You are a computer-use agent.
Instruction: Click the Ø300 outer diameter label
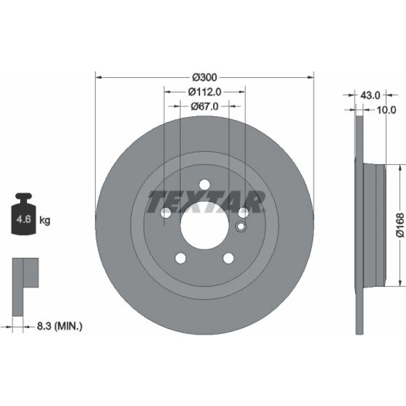[205, 77]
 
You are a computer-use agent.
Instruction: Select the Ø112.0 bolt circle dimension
[205, 92]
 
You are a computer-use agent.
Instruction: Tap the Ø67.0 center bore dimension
[205, 106]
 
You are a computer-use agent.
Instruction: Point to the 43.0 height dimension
[370, 95]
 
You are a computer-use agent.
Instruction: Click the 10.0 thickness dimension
[386, 110]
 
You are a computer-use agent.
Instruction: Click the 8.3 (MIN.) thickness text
[60, 326]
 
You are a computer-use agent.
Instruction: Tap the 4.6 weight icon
[24, 214]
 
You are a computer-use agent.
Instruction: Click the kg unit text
[45, 221]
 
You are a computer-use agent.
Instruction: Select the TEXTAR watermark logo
[206, 202]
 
